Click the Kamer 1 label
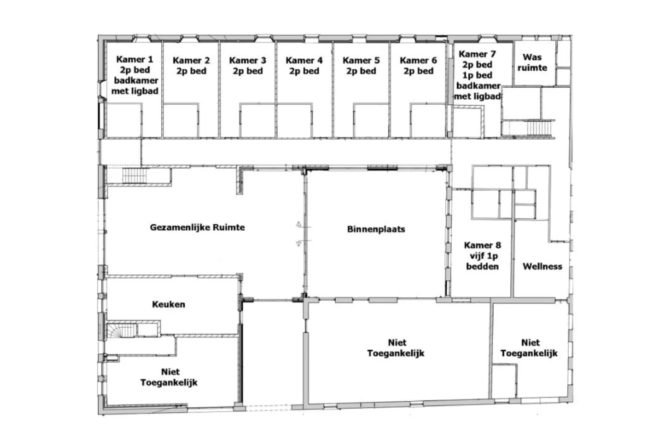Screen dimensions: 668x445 click(x=135, y=75)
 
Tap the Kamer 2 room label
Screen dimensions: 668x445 click(x=191, y=66)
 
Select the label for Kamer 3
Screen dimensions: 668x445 click(x=247, y=66)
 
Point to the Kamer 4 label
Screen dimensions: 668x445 click(x=304, y=66)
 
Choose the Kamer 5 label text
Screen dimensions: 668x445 click(x=361, y=66)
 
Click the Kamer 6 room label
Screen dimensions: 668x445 click(x=418, y=66)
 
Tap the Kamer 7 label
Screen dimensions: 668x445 click(x=477, y=75)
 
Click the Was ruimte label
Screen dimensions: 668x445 click(x=532, y=62)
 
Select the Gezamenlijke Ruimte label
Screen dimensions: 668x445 click(x=197, y=227)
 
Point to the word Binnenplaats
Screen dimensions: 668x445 click(x=376, y=229)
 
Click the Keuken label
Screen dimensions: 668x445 click(x=168, y=304)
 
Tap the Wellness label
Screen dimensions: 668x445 click(x=542, y=266)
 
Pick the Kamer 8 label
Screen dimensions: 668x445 click(x=482, y=256)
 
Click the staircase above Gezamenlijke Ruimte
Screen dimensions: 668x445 click(x=134, y=176)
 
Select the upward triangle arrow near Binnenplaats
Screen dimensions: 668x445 click(x=299, y=224)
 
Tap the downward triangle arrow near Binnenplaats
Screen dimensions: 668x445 click(x=299, y=244)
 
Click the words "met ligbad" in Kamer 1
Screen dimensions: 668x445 click(x=135, y=91)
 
